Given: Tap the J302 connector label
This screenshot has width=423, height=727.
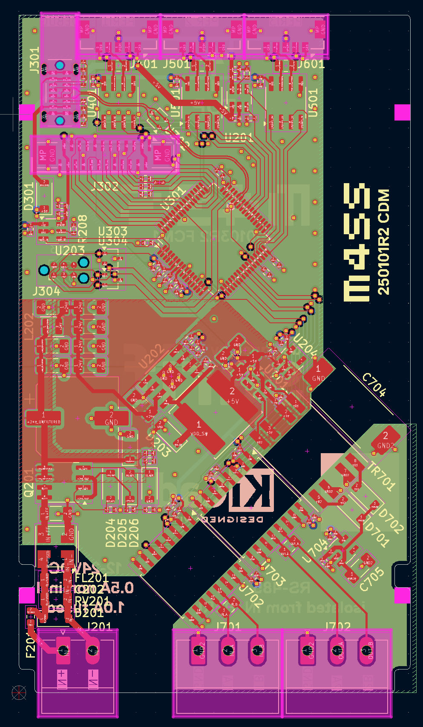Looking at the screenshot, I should pos(105,186).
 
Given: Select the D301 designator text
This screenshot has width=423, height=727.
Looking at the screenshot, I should pos(29,197).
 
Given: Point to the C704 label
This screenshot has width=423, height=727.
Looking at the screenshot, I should pos(374,385).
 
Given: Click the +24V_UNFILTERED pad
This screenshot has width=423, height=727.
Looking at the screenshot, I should pos(44,418).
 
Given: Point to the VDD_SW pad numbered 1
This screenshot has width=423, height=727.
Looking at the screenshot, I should pos(199,428).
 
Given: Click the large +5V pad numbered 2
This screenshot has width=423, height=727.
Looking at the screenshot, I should pos(233,394).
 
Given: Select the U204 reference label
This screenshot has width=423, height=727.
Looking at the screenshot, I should pos(305,345).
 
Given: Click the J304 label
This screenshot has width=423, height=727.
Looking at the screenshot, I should pos(46,291).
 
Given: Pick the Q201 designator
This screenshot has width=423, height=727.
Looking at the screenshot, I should pos(28,483).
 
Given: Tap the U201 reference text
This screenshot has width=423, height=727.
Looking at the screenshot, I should pos(239,137).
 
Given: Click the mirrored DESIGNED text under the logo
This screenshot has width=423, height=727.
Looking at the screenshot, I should pos(233,519).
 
